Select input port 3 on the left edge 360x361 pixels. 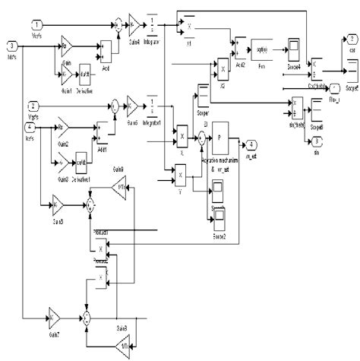(x=11, y=46)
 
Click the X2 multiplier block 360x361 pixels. (x=223, y=73)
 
